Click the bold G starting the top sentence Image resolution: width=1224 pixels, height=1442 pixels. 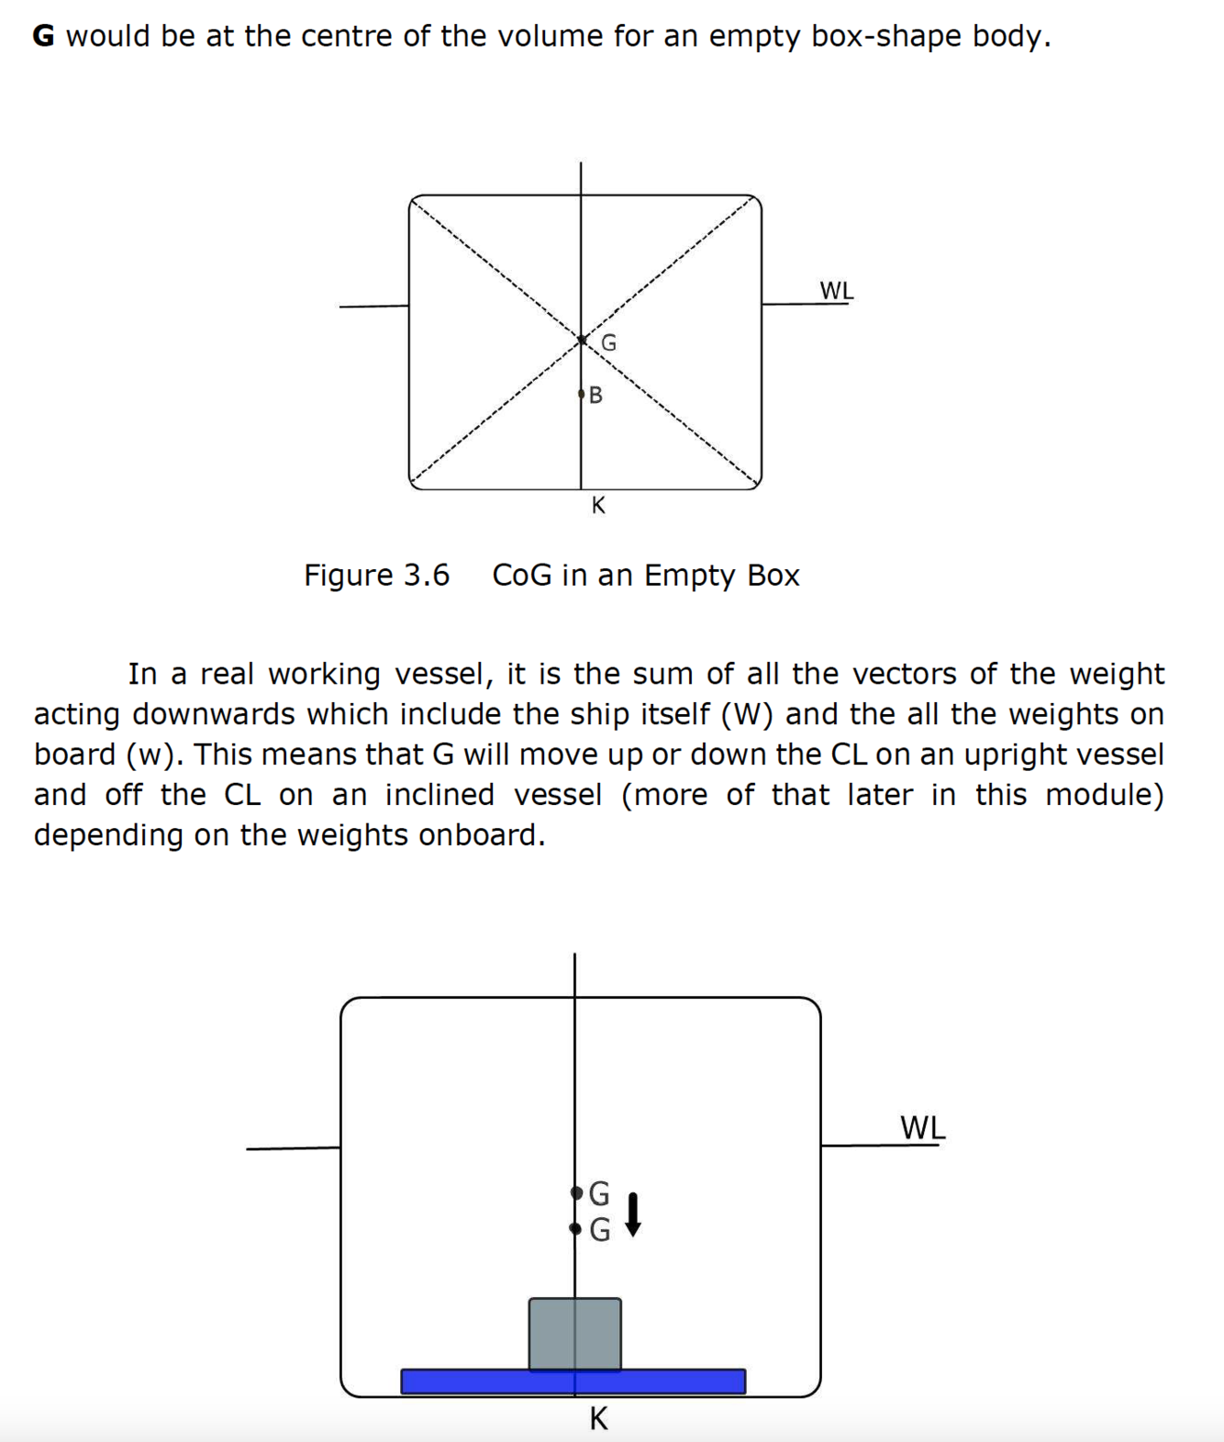[x=43, y=37]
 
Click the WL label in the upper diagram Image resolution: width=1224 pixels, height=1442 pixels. [x=836, y=291]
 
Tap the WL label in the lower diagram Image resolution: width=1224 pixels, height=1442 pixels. [x=922, y=1127]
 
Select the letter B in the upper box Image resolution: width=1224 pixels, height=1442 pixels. [x=595, y=396]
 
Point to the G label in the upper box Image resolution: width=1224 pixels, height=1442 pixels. [x=608, y=343]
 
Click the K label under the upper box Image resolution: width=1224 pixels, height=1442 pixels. [x=598, y=505]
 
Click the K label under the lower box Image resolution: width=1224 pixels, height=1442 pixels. [x=598, y=1418]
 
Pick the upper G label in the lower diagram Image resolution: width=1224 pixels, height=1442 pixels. [x=598, y=1193]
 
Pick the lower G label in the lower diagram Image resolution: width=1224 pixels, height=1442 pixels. [x=598, y=1229]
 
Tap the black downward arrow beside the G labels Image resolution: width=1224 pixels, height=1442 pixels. [x=632, y=1213]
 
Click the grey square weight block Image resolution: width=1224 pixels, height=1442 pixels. [x=574, y=1333]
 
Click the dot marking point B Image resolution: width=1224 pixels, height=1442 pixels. [x=581, y=395]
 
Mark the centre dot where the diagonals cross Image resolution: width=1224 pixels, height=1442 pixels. [x=581, y=341]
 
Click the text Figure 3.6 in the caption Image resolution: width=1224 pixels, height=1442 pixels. [x=376, y=576]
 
